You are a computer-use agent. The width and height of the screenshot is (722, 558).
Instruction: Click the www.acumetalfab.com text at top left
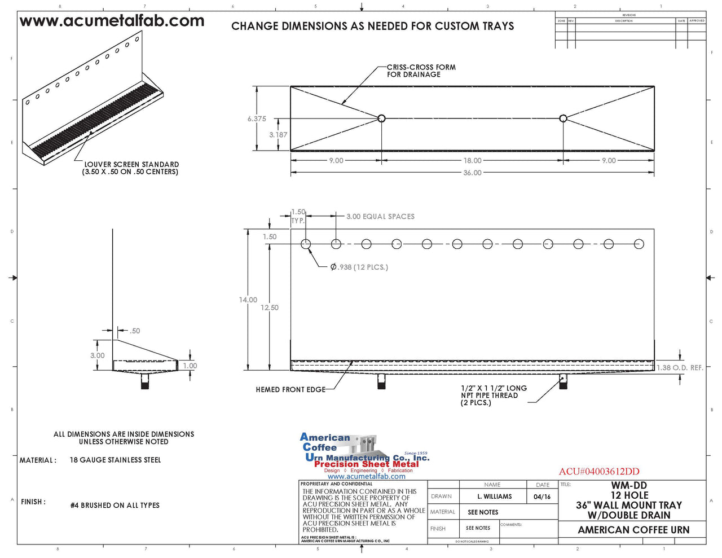pyautogui.click(x=112, y=21)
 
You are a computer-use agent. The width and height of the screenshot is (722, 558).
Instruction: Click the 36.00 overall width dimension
pyautogui.click(x=472, y=173)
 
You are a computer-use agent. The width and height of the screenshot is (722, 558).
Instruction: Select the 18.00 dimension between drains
pyautogui.click(x=472, y=161)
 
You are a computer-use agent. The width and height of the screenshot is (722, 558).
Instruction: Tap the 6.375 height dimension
pyautogui.click(x=257, y=119)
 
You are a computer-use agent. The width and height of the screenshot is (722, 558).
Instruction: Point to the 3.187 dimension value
pyautogui.click(x=278, y=135)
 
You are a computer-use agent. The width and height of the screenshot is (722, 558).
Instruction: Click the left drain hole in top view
pyautogui.click(x=381, y=118)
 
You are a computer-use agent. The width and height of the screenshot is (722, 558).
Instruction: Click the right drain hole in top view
pyautogui.click(x=563, y=118)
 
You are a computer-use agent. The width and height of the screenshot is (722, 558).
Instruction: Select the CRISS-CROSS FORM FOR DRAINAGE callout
pyautogui.click(x=421, y=71)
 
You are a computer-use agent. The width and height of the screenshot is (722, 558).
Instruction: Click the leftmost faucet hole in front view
pyautogui.click(x=306, y=244)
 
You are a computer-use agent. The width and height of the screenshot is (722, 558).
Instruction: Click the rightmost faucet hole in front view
pyautogui.click(x=639, y=244)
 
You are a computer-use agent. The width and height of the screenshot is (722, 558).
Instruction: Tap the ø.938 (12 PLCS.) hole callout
pyautogui.click(x=359, y=267)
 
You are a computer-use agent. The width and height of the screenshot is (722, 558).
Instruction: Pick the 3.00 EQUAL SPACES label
pyautogui.click(x=380, y=217)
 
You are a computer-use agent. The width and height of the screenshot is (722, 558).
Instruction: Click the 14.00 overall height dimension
pyautogui.click(x=248, y=300)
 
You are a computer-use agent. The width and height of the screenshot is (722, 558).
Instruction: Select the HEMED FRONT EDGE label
pyautogui.click(x=290, y=390)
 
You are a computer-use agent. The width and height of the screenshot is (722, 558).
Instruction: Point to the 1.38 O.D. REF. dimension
pyautogui.click(x=680, y=368)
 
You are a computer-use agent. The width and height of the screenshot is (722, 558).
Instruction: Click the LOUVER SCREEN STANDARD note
pyautogui.click(x=131, y=168)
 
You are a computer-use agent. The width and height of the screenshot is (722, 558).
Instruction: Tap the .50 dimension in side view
pyautogui.click(x=135, y=331)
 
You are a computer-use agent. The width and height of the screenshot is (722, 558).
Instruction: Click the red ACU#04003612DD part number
pyautogui.click(x=599, y=472)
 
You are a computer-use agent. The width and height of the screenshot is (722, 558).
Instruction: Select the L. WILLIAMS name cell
pyautogui.click(x=494, y=497)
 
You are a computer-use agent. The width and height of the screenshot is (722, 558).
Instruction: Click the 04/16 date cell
pyautogui.click(x=541, y=497)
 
